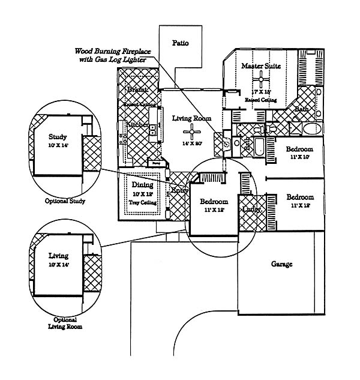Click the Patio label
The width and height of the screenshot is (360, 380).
click(181, 43)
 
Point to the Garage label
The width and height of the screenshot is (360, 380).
click(282, 264)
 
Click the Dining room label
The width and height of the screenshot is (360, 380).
click(143, 185)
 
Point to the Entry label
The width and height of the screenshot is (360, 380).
click(179, 190)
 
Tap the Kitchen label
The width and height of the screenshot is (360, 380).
click(137, 124)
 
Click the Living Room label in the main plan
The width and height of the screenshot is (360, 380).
click(192, 118)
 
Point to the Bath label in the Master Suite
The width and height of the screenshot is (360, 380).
click(301, 109)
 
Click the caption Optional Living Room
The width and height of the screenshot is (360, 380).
click(65, 323)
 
